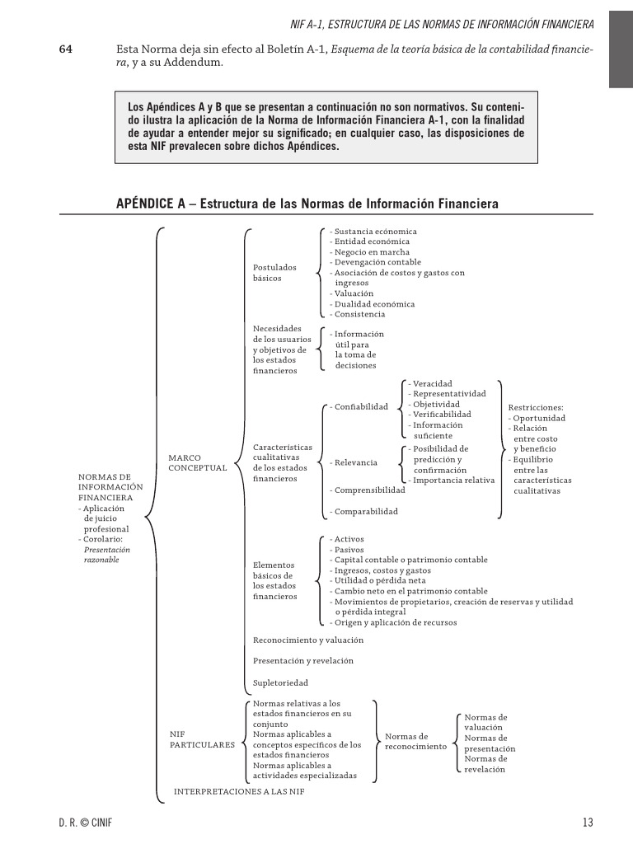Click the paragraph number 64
(66, 49)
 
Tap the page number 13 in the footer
(587, 822)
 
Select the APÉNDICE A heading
(307, 204)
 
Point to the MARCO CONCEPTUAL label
(197, 462)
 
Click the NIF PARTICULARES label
(202, 738)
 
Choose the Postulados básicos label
(274, 273)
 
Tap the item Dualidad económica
(373, 304)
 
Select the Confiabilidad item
(359, 406)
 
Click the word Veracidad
(431, 384)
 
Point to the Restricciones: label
(536, 407)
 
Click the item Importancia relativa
(452, 480)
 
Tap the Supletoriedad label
(280, 682)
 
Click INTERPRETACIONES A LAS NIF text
(239, 791)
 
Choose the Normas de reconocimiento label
(415, 741)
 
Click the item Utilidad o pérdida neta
(379, 580)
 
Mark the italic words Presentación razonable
(107, 554)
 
